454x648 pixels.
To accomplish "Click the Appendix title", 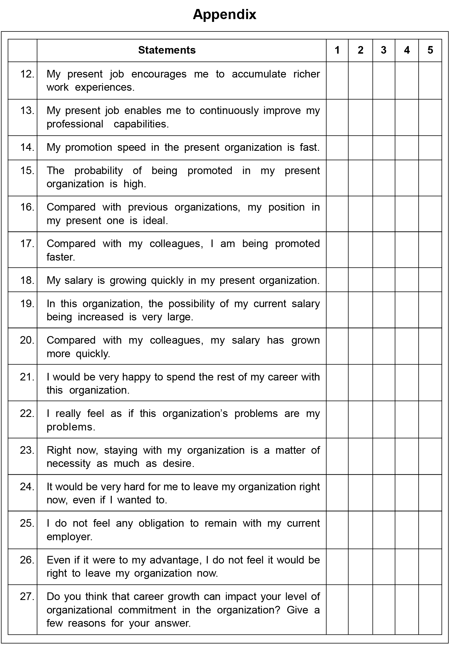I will (224, 14).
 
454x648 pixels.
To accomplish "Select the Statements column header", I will (167, 50).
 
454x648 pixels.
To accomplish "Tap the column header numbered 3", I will (384, 50).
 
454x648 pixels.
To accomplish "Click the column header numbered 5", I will (430, 50).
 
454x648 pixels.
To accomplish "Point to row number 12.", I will (27, 74).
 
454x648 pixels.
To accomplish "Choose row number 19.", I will (27, 304).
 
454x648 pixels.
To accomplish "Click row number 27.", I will (27, 596).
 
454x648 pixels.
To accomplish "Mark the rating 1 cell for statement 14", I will (337, 148).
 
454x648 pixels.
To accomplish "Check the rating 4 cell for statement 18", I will (407, 280).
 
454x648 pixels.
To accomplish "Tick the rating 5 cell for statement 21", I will (430, 382).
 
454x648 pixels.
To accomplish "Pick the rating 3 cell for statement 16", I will (384, 214).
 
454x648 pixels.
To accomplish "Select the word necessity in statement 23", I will (69, 464).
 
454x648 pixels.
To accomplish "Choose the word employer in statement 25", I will (69, 537).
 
